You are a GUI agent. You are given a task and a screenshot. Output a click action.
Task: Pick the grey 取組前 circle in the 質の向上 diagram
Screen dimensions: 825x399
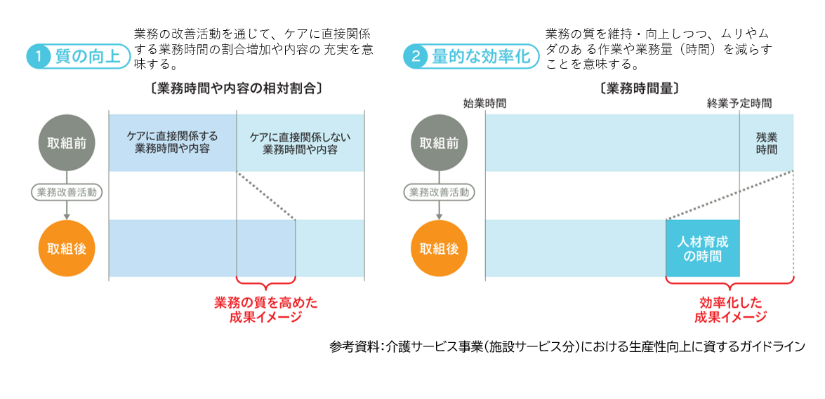coord(66,142)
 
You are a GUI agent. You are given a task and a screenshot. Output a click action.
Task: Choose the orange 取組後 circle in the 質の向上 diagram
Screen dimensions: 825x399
coord(66,248)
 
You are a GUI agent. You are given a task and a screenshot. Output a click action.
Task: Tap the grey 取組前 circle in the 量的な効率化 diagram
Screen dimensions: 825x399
coord(439,142)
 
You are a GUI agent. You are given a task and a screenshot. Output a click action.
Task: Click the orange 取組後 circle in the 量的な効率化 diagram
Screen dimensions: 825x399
coord(439,248)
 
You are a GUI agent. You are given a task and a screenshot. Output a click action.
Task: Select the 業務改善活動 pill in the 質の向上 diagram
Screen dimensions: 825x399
coord(67,191)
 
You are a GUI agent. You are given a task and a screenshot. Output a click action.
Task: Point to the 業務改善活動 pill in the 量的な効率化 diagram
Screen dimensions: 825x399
coord(440,191)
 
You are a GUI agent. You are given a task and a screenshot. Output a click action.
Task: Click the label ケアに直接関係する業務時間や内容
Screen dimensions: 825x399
coord(172,142)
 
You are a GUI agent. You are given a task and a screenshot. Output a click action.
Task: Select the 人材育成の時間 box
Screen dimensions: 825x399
coord(702,248)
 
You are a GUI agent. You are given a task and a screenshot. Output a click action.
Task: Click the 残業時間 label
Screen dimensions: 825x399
coord(766,143)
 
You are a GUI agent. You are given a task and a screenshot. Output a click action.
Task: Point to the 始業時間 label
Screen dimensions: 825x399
coord(484,103)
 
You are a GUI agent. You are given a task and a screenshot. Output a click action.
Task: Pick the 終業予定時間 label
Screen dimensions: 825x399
coord(739,103)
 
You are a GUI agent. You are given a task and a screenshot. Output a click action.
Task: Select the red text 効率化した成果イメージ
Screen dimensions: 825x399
coord(730,309)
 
